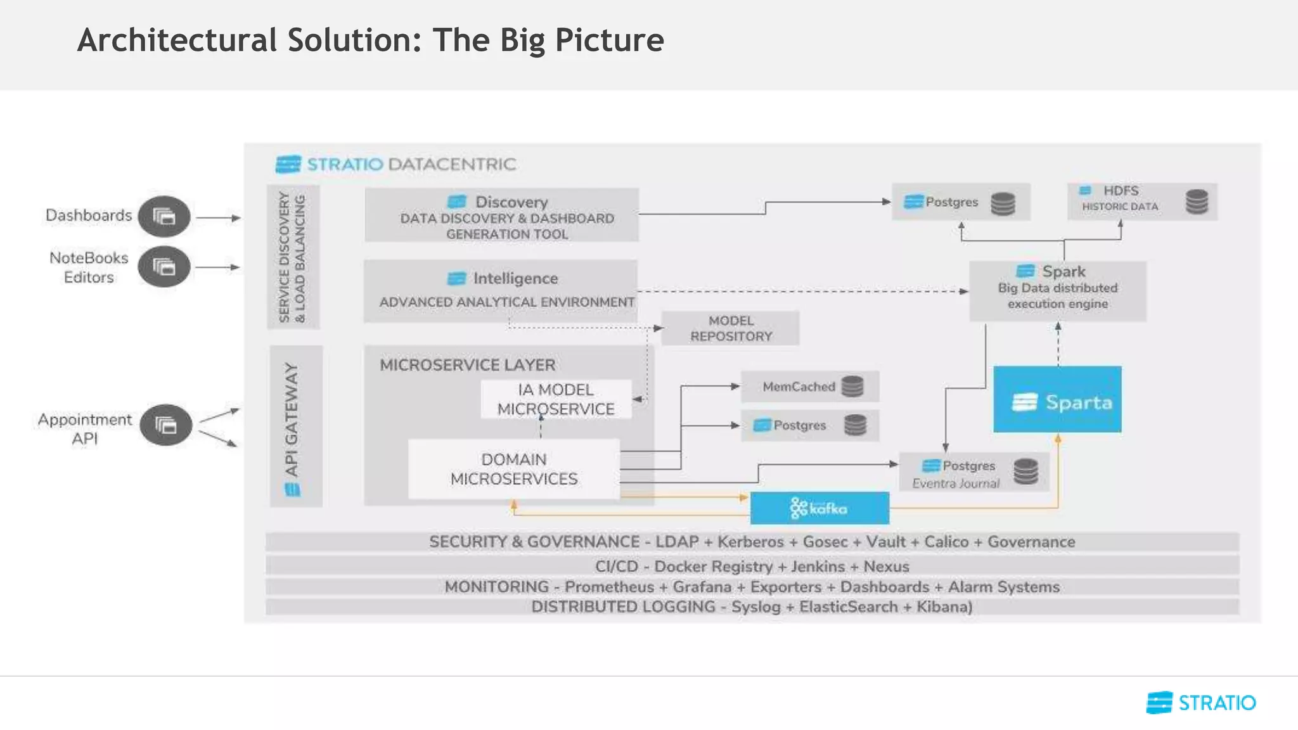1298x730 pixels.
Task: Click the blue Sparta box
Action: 1057,399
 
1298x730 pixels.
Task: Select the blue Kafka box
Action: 819,508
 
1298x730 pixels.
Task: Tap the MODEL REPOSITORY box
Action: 730,328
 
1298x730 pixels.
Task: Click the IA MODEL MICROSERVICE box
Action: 556,399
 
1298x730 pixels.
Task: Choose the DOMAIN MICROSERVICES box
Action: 513,469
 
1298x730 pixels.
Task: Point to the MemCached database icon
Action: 852,386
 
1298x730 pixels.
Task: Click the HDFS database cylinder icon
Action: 1197,202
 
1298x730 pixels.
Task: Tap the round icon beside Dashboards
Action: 164,217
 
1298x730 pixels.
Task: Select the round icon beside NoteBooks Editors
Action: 164,267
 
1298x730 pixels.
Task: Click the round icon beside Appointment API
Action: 166,425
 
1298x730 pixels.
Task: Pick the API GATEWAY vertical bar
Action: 295,426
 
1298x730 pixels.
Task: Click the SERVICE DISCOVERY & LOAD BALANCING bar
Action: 293,257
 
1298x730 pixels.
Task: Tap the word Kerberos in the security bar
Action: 750,542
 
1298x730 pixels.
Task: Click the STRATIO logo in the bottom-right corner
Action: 1200,703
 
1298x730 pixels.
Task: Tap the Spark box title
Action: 1063,271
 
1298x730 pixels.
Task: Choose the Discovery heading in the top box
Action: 511,202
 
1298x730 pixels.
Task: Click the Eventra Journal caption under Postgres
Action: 956,483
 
